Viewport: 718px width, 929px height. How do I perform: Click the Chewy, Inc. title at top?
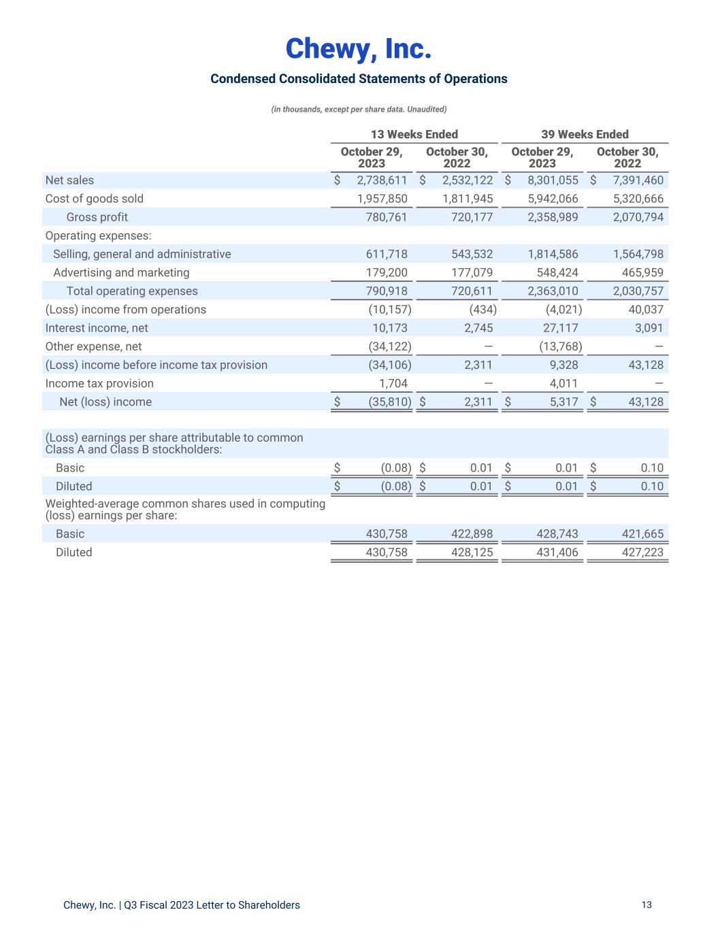click(x=359, y=49)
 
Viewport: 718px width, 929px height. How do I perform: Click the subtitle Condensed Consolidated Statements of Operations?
click(x=359, y=79)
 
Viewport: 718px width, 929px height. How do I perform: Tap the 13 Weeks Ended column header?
click(x=414, y=134)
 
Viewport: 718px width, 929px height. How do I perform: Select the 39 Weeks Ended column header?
click(x=585, y=134)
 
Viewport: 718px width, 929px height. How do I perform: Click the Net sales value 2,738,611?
click(x=382, y=180)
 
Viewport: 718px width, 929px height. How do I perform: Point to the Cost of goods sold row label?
click(x=94, y=199)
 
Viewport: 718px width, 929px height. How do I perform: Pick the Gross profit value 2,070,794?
click(x=637, y=217)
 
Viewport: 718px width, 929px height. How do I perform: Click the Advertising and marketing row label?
click(x=121, y=272)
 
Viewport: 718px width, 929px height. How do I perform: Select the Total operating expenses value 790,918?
click(x=387, y=291)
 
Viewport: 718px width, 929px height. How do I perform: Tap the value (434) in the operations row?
click(x=483, y=310)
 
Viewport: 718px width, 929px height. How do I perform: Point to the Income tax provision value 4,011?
click(x=563, y=383)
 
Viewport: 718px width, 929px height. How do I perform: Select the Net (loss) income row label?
click(x=105, y=402)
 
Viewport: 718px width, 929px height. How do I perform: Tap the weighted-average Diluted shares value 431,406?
click(x=556, y=552)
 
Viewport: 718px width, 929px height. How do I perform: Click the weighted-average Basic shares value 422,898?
click(x=471, y=534)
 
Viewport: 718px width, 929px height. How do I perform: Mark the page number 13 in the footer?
click(x=647, y=904)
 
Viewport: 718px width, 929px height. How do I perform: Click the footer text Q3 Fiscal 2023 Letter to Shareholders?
click(x=212, y=904)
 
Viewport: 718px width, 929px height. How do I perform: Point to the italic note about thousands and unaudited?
click(x=359, y=109)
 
